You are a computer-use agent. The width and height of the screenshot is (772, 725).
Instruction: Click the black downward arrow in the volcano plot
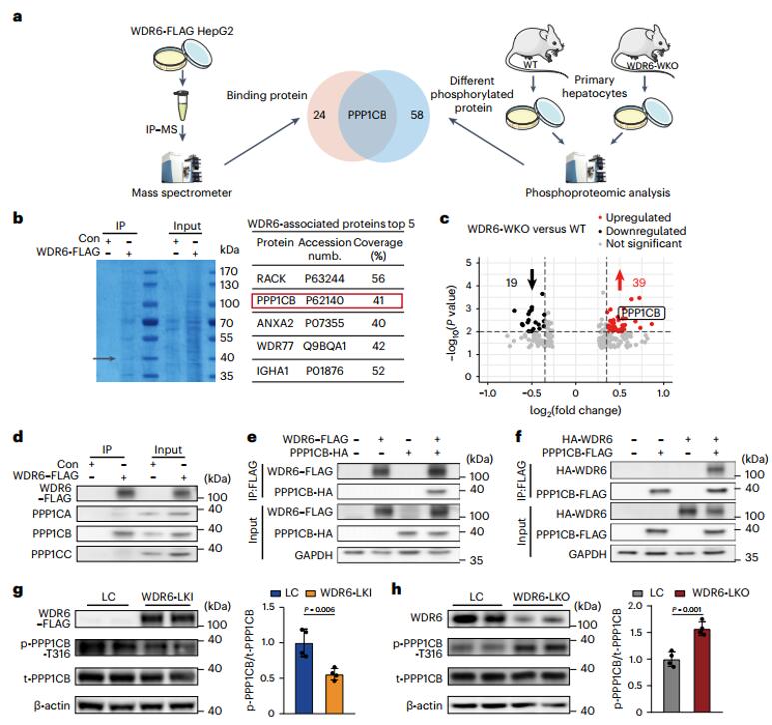pos(531,276)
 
